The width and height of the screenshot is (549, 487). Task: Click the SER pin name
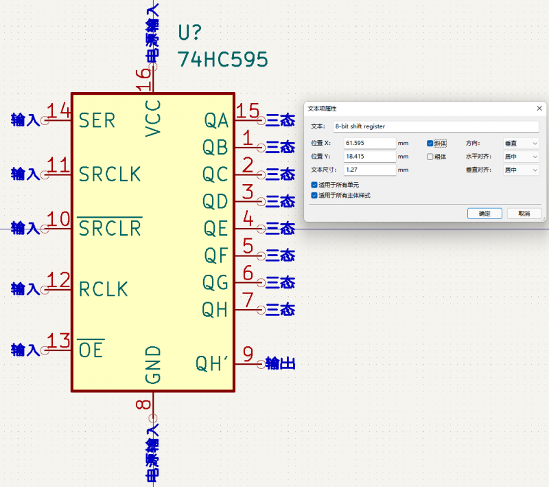click(97, 120)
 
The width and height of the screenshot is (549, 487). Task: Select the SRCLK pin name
click(110, 174)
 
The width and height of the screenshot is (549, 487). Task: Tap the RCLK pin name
click(104, 289)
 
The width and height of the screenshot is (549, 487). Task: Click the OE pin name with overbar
click(91, 350)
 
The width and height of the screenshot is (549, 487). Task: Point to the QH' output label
click(212, 363)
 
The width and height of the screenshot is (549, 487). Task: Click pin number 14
click(58, 111)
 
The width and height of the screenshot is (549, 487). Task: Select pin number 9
click(248, 354)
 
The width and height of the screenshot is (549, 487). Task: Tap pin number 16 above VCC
click(143, 80)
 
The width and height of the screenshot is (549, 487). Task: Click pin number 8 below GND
click(143, 405)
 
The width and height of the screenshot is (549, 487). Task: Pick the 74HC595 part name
click(222, 59)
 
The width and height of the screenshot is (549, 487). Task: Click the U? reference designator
click(190, 32)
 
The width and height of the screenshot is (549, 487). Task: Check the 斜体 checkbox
click(430, 144)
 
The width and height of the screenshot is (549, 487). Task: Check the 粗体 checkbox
click(430, 157)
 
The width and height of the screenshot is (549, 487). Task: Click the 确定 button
click(484, 214)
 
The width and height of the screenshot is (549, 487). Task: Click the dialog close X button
click(539, 109)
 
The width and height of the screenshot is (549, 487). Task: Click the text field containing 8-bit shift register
click(436, 126)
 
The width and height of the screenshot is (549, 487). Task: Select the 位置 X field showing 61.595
click(370, 143)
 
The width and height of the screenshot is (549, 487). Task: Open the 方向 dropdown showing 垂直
click(521, 144)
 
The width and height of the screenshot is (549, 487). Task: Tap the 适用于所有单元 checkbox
click(314, 185)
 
